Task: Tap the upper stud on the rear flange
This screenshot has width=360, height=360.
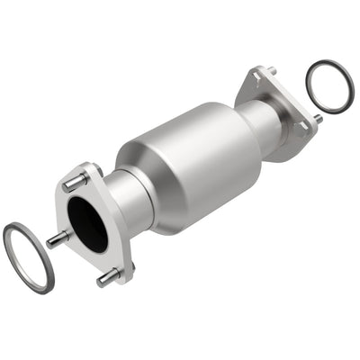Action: click(x=270, y=71)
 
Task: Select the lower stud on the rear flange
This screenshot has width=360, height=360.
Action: click(x=316, y=118)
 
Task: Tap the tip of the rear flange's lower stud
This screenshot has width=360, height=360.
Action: click(x=319, y=119)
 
